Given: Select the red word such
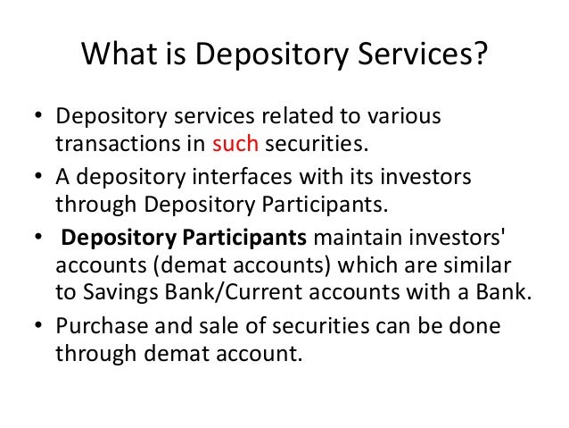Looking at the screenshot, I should click(236, 145).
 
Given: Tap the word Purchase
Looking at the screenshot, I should click(98, 326).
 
